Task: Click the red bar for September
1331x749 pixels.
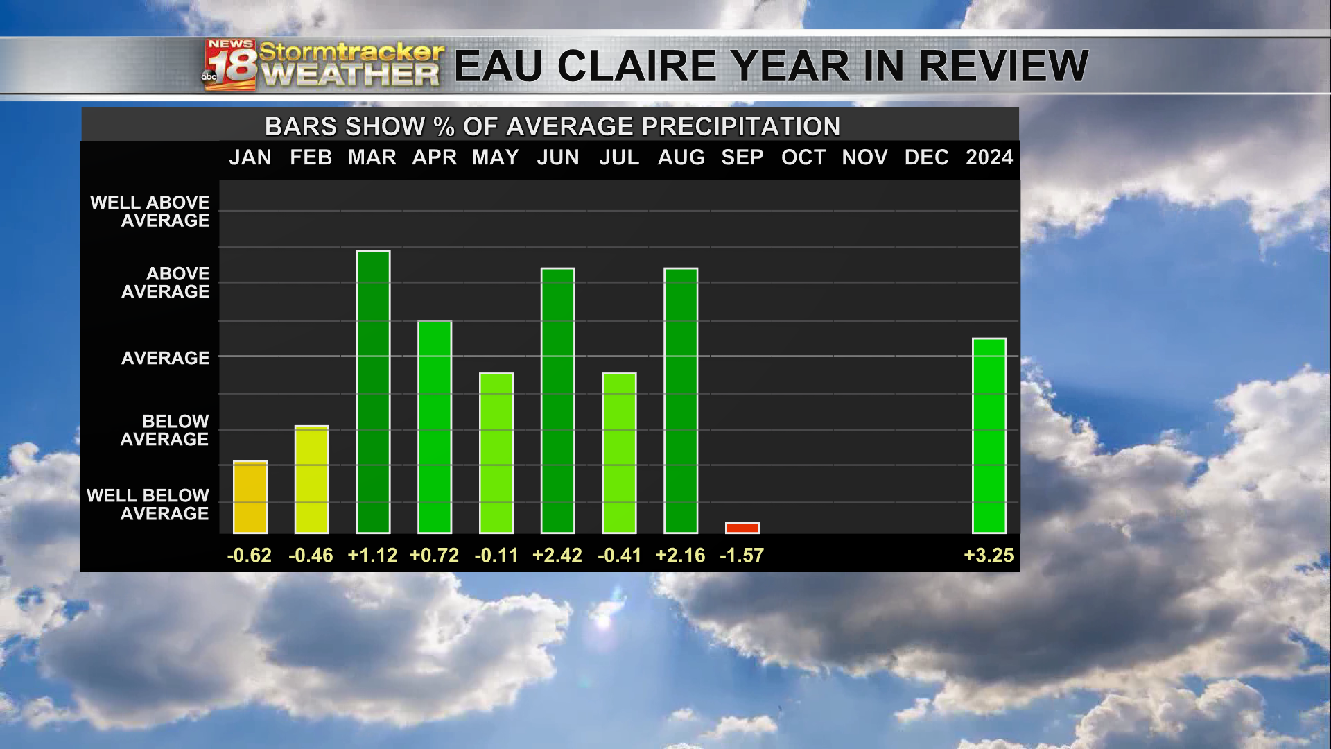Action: [742, 528]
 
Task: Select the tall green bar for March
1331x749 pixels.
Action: [373, 392]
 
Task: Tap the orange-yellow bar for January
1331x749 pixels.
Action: [250, 497]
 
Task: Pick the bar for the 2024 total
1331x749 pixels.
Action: [989, 436]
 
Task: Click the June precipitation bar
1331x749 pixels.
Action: [557, 401]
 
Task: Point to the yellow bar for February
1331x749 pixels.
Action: [311, 479]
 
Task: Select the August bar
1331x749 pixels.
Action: [681, 401]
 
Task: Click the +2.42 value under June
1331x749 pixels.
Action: [557, 556]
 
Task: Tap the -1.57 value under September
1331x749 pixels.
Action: [742, 556]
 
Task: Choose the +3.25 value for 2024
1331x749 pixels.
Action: [989, 556]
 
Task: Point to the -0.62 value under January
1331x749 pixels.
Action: [250, 556]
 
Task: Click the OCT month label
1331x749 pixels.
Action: [803, 158]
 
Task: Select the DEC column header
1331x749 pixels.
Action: [926, 158]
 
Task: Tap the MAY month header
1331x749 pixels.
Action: [496, 158]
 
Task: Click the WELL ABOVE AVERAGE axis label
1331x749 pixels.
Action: [150, 212]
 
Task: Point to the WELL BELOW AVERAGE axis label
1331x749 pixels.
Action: [148, 504]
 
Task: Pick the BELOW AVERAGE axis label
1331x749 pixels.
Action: [165, 430]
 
